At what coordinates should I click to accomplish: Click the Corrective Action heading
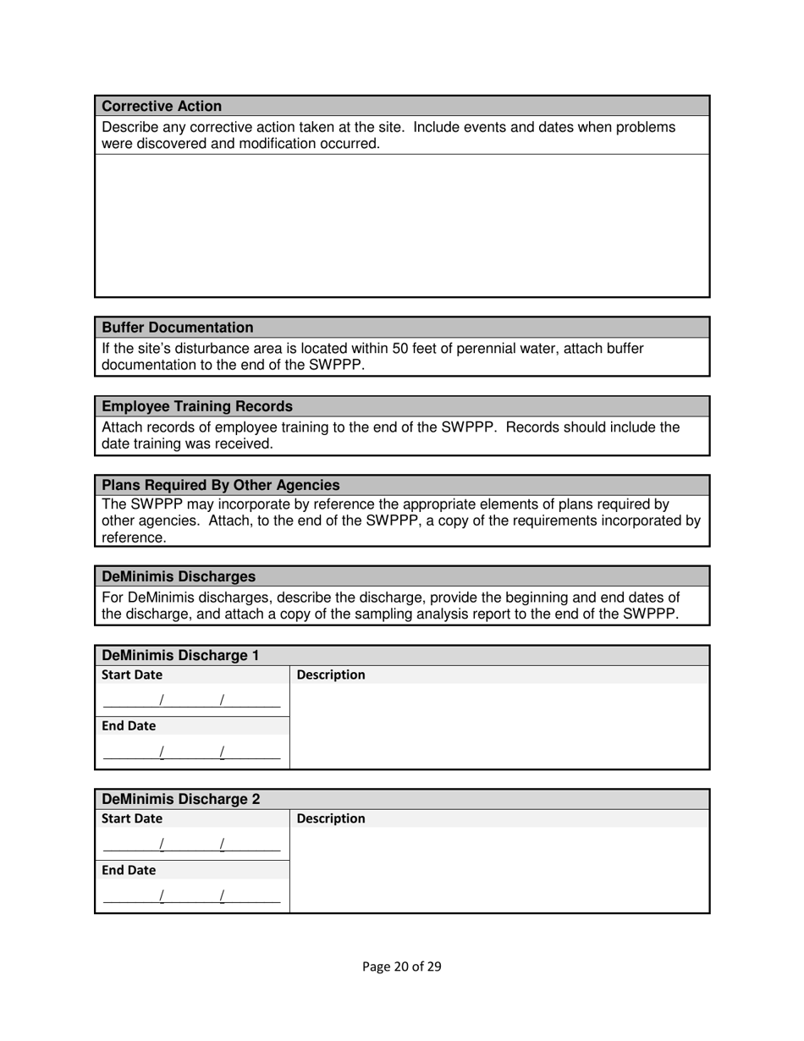click(162, 106)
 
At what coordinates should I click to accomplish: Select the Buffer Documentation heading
click(178, 328)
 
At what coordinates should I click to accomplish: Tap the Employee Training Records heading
click(197, 406)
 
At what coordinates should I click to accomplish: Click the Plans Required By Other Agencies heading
click(221, 485)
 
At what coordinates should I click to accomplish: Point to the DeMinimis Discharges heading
click(179, 576)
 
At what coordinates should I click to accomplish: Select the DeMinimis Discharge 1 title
click(180, 655)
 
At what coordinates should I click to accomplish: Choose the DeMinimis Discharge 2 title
click(180, 799)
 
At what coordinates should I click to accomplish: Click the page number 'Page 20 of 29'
click(401, 967)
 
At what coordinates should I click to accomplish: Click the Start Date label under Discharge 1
click(132, 675)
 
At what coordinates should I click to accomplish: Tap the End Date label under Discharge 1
click(129, 725)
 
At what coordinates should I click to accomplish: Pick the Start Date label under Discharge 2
click(132, 818)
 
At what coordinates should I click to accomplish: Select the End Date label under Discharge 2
click(129, 869)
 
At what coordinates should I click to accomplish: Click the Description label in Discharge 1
click(331, 675)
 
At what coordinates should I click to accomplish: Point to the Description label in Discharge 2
click(331, 818)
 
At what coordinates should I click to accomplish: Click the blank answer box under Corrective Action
click(401, 224)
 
